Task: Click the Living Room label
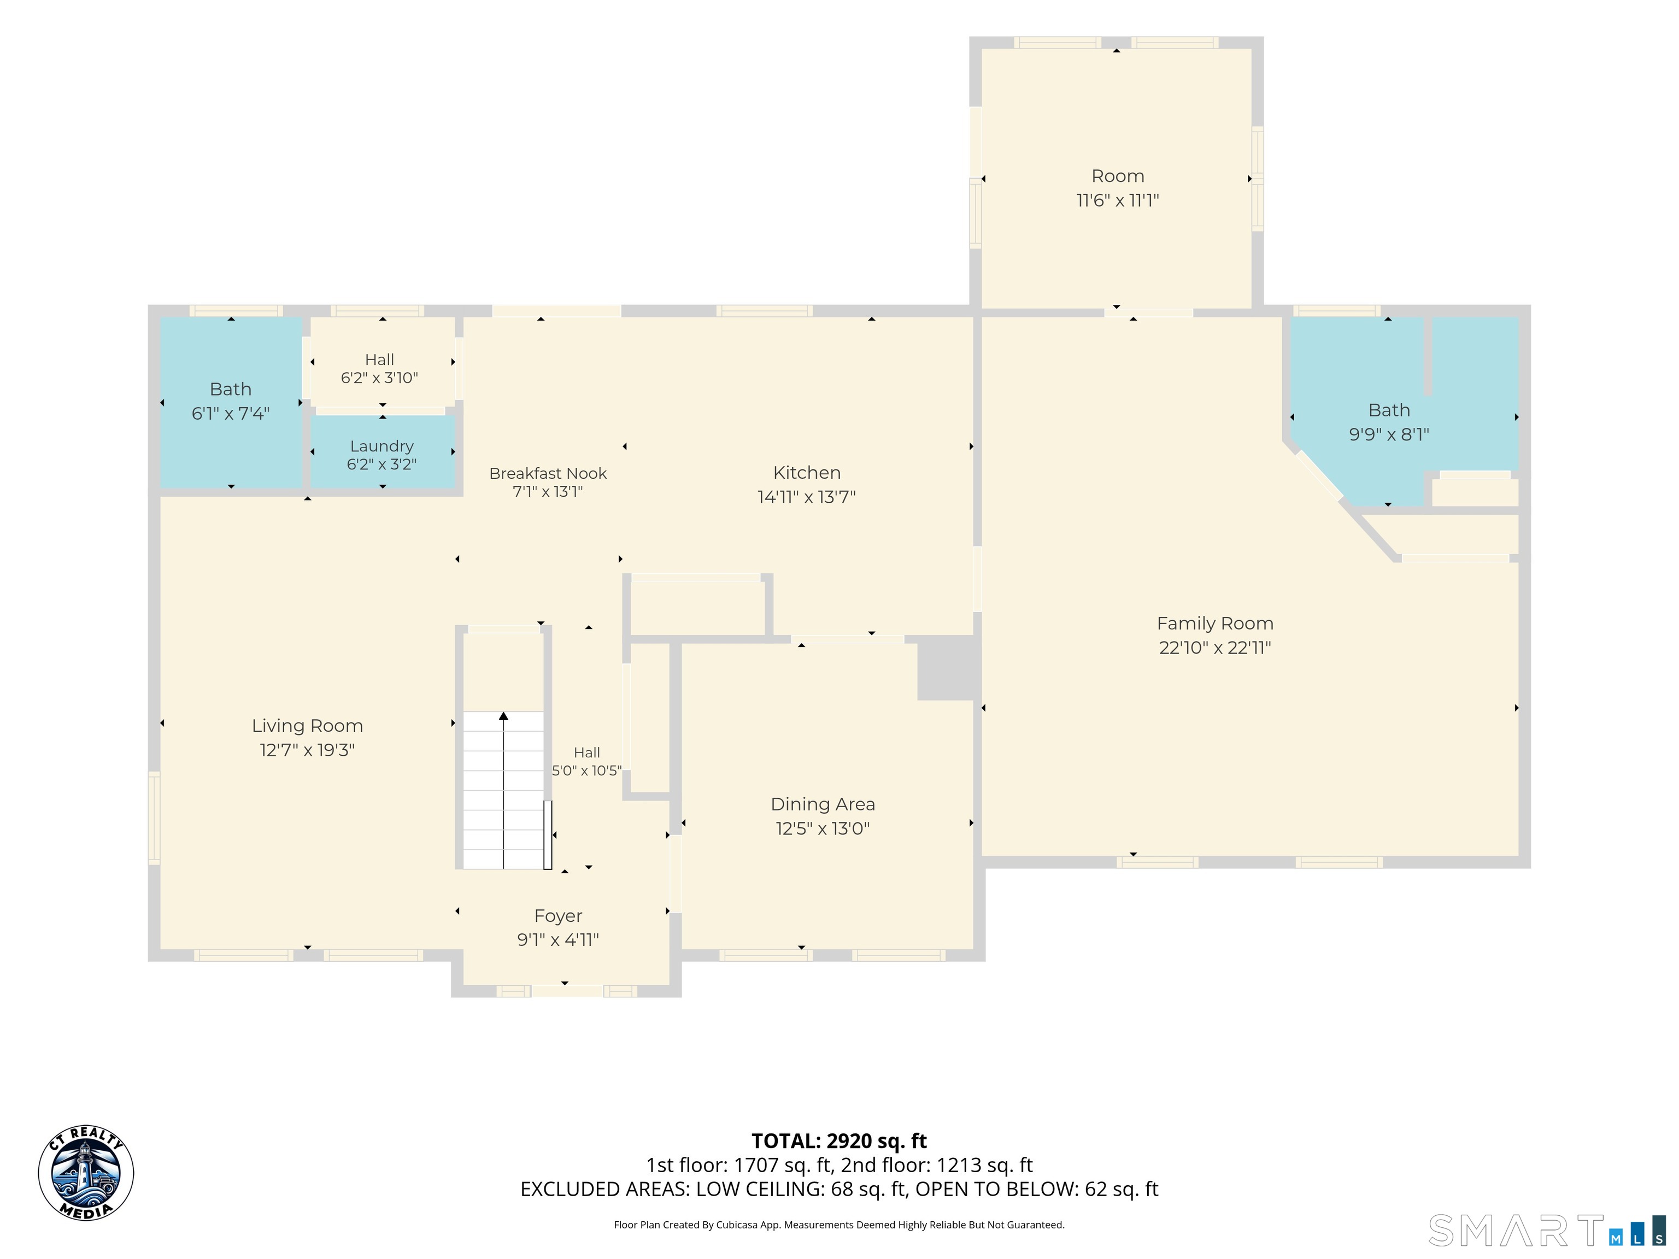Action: pyautogui.click(x=307, y=726)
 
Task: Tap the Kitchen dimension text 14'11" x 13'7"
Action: pyautogui.click(x=807, y=497)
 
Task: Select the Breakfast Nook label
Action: pyautogui.click(x=548, y=474)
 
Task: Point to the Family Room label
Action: pyautogui.click(x=1215, y=624)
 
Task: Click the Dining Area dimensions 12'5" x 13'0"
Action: pyautogui.click(x=823, y=829)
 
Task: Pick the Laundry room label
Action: pyautogui.click(x=382, y=446)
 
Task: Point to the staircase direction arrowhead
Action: pyautogui.click(x=503, y=716)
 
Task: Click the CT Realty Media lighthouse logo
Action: pyautogui.click(x=86, y=1173)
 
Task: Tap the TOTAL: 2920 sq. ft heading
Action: pyautogui.click(x=839, y=1142)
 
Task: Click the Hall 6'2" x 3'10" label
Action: pyautogui.click(x=379, y=369)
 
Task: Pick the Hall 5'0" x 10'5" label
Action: pyautogui.click(x=587, y=761)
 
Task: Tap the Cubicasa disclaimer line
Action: pyautogui.click(x=839, y=1225)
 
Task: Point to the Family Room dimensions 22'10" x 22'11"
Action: pyautogui.click(x=1215, y=648)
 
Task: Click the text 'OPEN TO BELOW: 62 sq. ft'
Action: pyautogui.click(x=1037, y=1189)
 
